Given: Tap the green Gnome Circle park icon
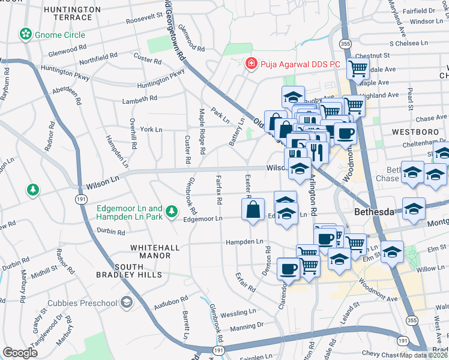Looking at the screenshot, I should [x=25, y=34].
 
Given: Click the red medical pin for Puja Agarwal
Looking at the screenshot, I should [x=250, y=62].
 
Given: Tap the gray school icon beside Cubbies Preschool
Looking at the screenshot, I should [x=127, y=301].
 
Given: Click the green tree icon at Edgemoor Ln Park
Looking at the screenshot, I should [x=172, y=211].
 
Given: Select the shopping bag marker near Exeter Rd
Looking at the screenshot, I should [x=253, y=210].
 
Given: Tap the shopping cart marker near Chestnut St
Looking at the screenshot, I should [x=358, y=68].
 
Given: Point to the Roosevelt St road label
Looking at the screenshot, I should [x=145, y=20].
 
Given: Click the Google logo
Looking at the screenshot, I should [x=20, y=353].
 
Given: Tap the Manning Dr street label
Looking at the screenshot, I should [x=247, y=326].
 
